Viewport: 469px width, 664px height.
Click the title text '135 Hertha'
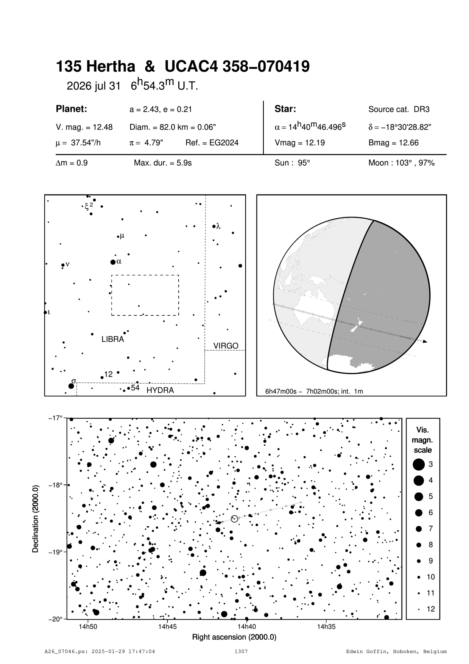(x=95, y=67)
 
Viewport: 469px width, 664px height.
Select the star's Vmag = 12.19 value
(x=299, y=143)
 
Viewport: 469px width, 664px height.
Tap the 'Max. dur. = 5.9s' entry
(x=163, y=163)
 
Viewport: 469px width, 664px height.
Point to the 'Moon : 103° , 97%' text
(x=401, y=163)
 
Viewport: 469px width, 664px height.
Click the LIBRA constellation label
(x=113, y=339)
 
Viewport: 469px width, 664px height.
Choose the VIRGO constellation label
(x=226, y=346)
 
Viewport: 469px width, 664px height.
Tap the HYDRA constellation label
(x=160, y=390)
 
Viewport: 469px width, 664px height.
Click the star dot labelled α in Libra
(x=113, y=262)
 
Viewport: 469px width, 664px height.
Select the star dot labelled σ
(x=71, y=386)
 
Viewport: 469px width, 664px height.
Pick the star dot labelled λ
(x=214, y=227)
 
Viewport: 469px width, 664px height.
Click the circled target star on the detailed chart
(x=234, y=518)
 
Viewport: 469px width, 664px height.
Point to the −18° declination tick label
(x=56, y=485)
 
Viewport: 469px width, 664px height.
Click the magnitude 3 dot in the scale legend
(x=419, y=464)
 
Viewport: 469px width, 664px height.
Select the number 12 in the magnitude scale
(x=431, y=609)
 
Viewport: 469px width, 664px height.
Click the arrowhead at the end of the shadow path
(x=425, y=341)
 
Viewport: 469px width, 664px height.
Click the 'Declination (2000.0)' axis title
(x=36, y=518)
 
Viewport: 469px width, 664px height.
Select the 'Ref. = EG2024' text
(x=212, y=143)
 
